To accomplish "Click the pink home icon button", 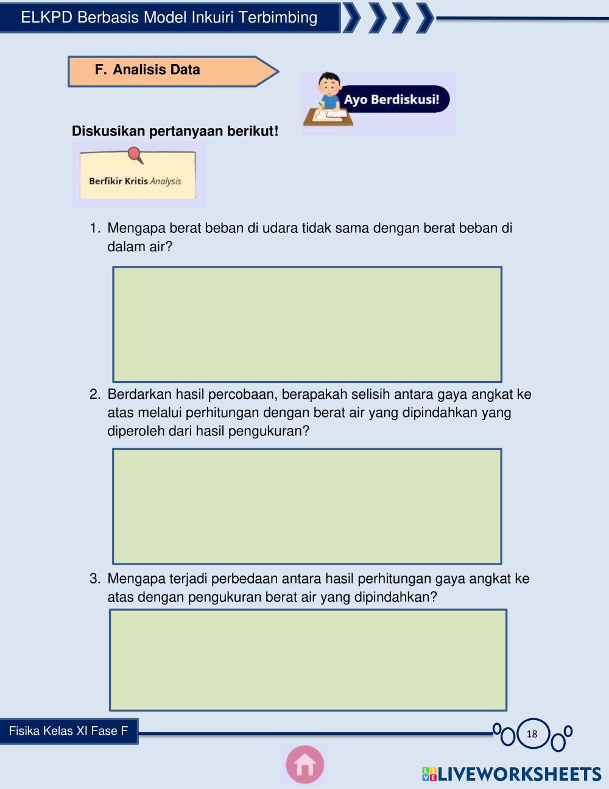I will tap(304, 765).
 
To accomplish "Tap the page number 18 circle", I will tap(532, 734).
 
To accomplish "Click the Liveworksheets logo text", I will tap(512, 774).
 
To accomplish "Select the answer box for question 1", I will tap(307, 324).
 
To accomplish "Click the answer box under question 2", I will tap(307, 506).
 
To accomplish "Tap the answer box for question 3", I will tap(308, 660).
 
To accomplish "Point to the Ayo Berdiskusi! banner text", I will tap(392, 99).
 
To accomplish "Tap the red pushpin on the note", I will tap(136, 155).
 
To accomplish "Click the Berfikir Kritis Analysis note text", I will tap(135, 181).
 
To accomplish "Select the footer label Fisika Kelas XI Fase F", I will tap(68, 731).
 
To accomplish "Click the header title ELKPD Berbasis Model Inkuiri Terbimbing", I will tap(169, 18).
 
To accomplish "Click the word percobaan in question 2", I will tap(242, 394).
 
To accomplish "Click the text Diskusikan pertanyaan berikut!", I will tap(175, 131).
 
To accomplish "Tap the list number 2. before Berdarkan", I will tap(95, 394).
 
